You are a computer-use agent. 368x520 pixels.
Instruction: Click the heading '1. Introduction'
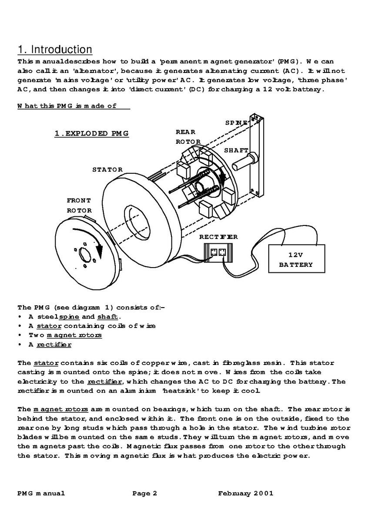click(x=55, y=49)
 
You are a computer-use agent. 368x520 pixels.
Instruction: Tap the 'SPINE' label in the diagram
click(x=237, y=123)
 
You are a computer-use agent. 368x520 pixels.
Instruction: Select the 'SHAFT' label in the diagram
click(x=236, y=150)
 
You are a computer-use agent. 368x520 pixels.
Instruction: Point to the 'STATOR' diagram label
click(x=107, y=169)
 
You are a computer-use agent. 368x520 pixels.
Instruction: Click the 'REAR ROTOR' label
click(x=188, y=136)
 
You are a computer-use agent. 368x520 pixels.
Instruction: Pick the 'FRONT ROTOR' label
click(x=79, y=205)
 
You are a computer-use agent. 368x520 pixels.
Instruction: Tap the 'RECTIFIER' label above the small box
click(x=218, y=237)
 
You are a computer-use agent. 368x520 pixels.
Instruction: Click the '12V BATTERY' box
click(x=296, y=259)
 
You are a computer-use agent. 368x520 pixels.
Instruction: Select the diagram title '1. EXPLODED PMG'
click(x=91, y=133)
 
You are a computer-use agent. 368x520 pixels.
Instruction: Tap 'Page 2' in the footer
click(x=145, y=493)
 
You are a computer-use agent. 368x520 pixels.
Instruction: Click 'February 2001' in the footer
click(x=246, y=493)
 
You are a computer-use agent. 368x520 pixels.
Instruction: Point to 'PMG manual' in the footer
click(x=41, y=493)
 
